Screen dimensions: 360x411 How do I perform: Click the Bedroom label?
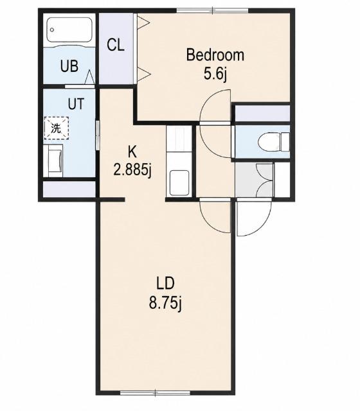(x=215, y=55)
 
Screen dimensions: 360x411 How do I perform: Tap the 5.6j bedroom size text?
(x=215, y=74)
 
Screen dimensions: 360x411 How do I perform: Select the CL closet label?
(x=116, y=45)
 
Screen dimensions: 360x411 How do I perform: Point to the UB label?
(x=69, y=66)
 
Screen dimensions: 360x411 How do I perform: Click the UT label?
(x=76, y=104)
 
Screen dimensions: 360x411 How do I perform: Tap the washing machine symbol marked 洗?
(x=57, y=128)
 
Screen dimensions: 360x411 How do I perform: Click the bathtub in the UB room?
(x=69, y=30)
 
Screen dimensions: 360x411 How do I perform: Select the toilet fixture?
(x=273, y=142)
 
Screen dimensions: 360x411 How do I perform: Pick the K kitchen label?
(x=132, y=152)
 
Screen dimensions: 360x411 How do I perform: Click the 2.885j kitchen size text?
(x=132, y=170)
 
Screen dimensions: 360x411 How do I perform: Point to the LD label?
(x=165, y=283)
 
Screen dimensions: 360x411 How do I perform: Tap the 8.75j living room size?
(x=165, y=302)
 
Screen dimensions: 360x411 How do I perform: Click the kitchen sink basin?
(x=179, y=182)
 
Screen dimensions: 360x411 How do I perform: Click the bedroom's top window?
(x=212, y=10)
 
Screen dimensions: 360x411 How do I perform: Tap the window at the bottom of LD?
(x=155, y=393)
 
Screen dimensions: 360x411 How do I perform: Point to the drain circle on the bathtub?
(x=52, y=30)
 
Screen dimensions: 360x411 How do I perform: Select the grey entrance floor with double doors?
(x=254, y=180)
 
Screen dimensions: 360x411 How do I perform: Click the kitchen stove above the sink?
(x=179, y=139)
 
